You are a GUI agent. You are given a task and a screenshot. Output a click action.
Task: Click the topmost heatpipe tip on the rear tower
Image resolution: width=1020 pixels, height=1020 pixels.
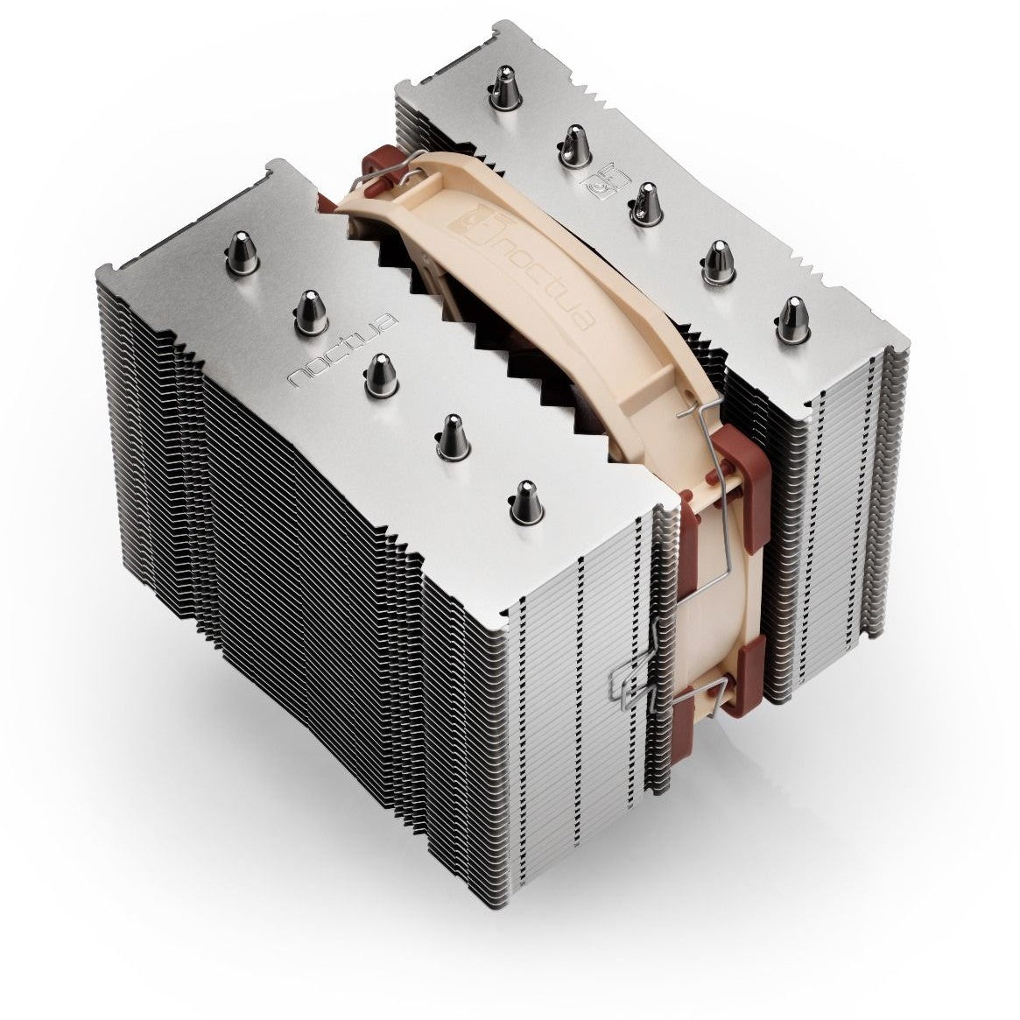pos(505,88)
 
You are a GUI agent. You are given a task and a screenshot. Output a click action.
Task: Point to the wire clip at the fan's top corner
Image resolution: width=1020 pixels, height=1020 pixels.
pos(350,171)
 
